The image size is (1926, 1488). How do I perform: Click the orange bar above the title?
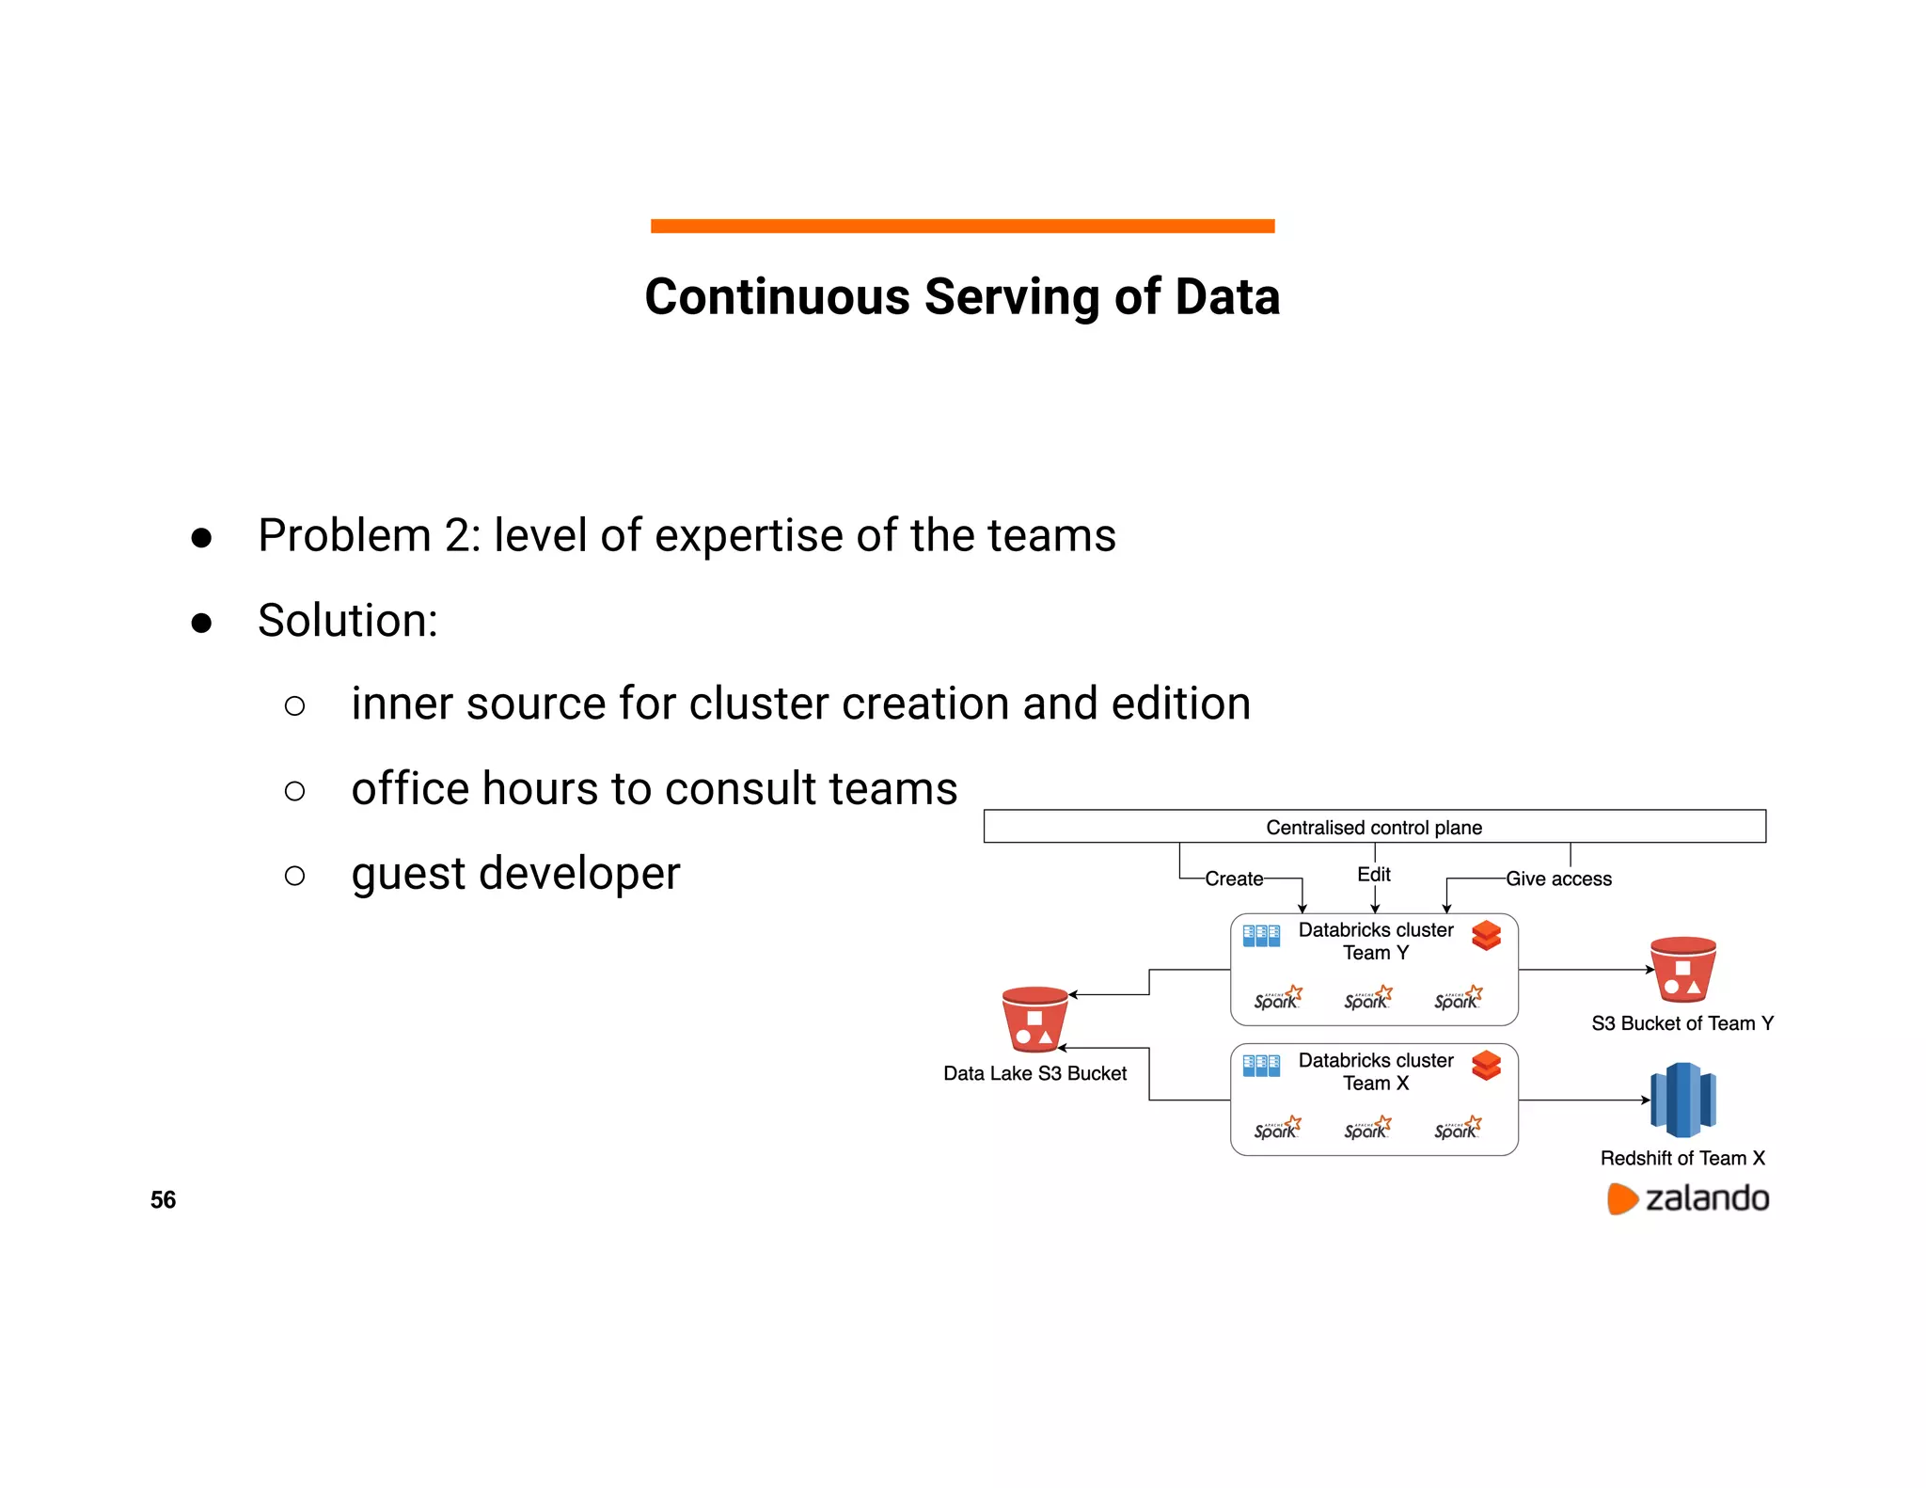pyautogui.click(x=962, y=226)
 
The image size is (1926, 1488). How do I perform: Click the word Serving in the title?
pyautogui.click(x=1011, y=297)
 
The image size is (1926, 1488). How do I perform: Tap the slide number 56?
pyautogui.click(x=163, y=1199)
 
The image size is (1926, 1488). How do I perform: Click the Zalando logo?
pyautogui.click(x=1687, y=1198)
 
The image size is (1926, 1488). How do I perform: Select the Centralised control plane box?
pyautogui.click(x=1374, y=827)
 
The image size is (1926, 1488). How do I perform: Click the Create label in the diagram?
pyautogui.click(x=1234, y=879)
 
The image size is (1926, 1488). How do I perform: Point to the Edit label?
pyautogui.click(x=1373, y=874)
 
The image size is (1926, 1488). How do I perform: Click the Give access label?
pyautogui.click(x=1558, y=879)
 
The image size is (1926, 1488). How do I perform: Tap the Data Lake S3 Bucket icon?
pyautogui.click(x=1034, y=1020)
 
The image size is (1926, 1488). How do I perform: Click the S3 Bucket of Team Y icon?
pyautogui.click(x=1682, y=970)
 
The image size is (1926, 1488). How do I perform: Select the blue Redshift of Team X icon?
pyautogui.click(x=1683, y=1100)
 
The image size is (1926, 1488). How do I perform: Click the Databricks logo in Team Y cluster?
pyautogui.click(x=1486, y=936)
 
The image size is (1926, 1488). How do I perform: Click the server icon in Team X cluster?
pyautogui.click(x=1261, y=1066)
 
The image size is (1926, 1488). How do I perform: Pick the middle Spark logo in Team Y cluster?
pyautogui.click(x=1367, y=998)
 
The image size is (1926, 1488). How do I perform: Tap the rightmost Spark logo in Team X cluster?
pyautogui.click(x=1458, y=1128)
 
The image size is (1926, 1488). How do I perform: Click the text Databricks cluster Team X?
pyautogui.click(x=1375, y=1071)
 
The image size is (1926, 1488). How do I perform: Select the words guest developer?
pyautogui.click(x=515, y=874)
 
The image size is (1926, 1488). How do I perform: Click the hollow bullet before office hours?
pyautogui.click(x=294, y=791)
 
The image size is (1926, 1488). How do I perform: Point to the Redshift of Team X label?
pyautogui.click(x=1682, y=1158)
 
